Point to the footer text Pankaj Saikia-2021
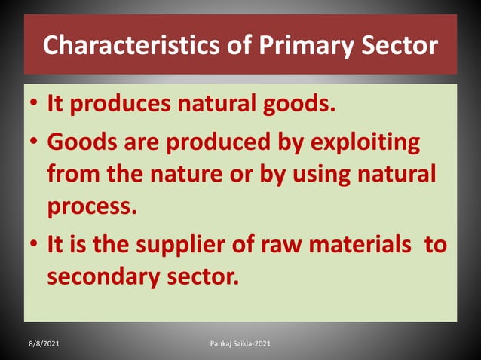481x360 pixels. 240,343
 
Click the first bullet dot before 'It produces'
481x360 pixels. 35,105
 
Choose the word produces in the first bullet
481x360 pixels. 116,105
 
